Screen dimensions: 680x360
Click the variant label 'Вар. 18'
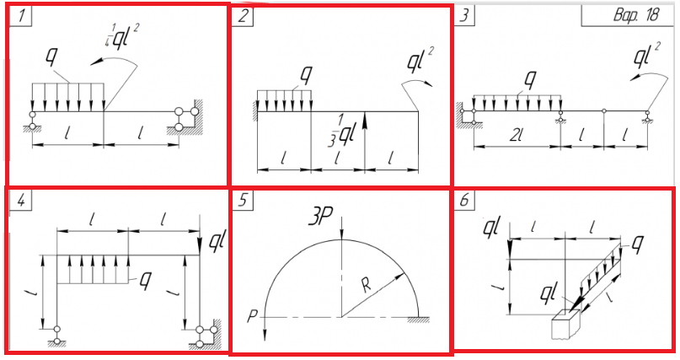point(636,15)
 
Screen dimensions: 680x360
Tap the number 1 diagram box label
point(20,17)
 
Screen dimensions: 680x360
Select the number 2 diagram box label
point(244,17)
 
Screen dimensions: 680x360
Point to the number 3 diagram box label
point(464,16)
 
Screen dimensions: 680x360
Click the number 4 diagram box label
point(21,201)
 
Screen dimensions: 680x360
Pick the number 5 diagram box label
point(244,201)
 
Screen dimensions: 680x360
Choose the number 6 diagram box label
point(464,200)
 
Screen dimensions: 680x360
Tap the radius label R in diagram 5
point(367,286)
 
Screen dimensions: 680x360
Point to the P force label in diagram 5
point(253,316)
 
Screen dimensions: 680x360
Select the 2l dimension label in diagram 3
point(516,137)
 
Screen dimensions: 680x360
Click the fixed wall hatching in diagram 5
point(418,320)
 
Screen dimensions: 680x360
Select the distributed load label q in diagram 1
point(52,57)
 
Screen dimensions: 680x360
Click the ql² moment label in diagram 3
point(646,56)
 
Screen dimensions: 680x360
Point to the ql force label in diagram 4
point(216,242)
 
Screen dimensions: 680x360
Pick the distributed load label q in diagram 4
point(145,281)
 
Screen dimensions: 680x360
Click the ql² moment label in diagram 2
point(420,61)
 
